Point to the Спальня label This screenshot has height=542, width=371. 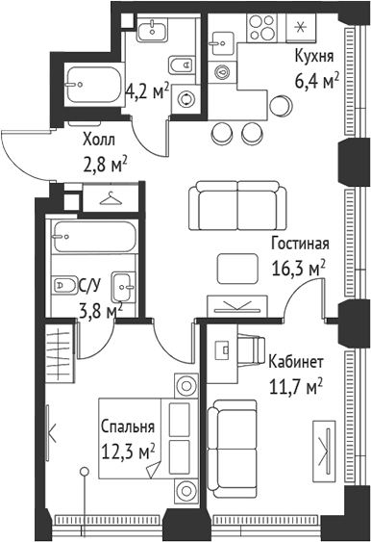127,427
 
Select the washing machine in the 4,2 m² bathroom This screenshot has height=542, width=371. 185,97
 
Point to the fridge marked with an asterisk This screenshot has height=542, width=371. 306,27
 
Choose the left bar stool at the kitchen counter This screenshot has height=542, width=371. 222,132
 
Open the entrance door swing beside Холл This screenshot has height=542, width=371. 24,151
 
